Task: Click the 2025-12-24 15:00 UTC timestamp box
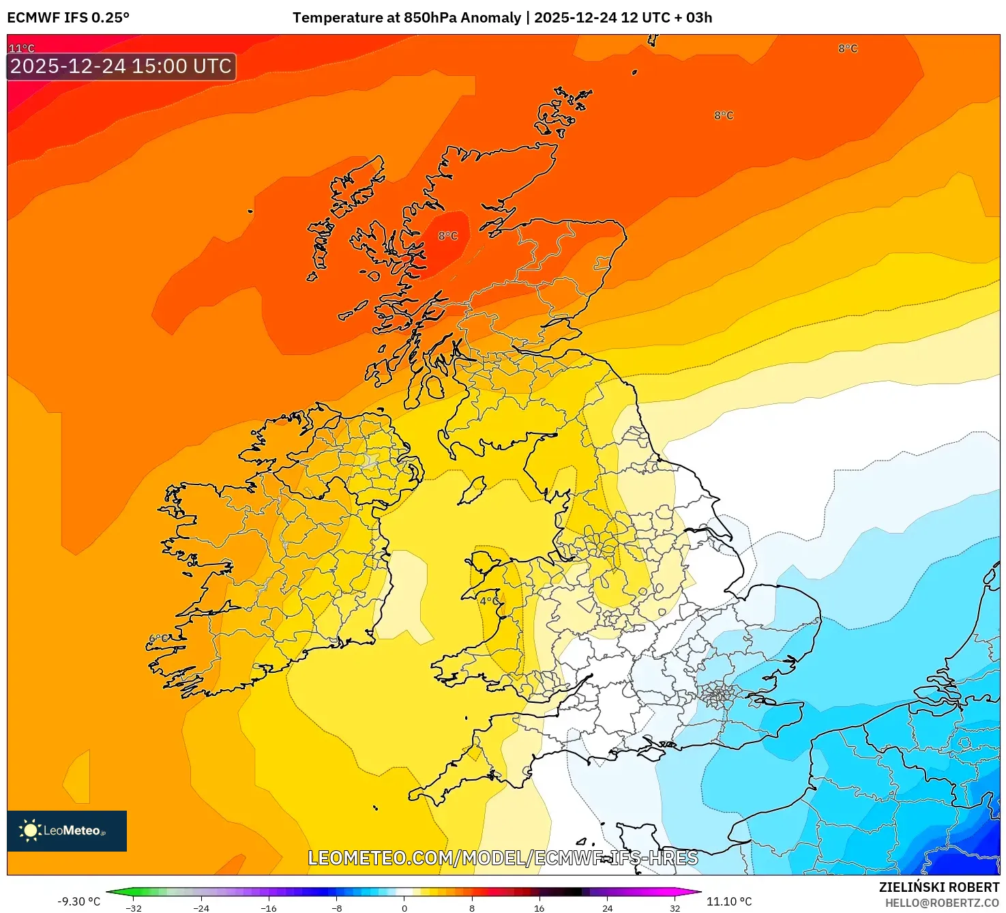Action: (121, 66)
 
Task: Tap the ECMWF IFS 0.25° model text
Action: (68, 18)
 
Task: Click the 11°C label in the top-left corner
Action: (21, 48)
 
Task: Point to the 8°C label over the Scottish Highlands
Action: (448, 236)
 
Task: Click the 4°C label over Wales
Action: (489, 601)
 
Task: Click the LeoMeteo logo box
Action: (67, 830)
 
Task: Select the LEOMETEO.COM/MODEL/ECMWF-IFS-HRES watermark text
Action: (503, 858)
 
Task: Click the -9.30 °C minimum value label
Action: (78, 901)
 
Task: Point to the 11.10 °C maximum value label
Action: (729, 901)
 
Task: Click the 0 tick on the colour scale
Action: (404, 908)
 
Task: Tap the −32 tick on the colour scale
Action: (134, 908)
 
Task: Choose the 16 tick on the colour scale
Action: (539, 908)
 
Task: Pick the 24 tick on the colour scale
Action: (607, 908)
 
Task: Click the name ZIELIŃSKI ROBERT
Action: (938, 887)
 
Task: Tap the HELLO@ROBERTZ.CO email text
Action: (942, 903)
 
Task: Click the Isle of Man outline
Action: (472, 491)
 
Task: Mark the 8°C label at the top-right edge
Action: (848, 48)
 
